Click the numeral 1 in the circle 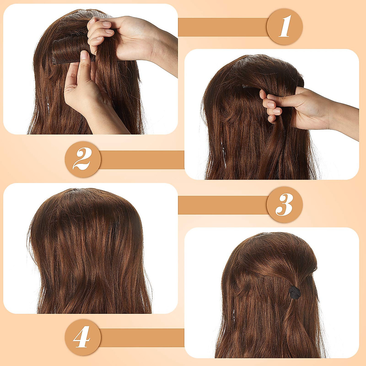[285, 27]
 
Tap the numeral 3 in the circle [285, 205]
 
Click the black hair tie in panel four [295, 292]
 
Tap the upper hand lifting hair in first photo [122, 37]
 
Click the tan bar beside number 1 [223, 27]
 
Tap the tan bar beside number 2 [142, 160]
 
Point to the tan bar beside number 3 [223, 205]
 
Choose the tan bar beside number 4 [142, 337]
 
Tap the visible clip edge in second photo [249, 87]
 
